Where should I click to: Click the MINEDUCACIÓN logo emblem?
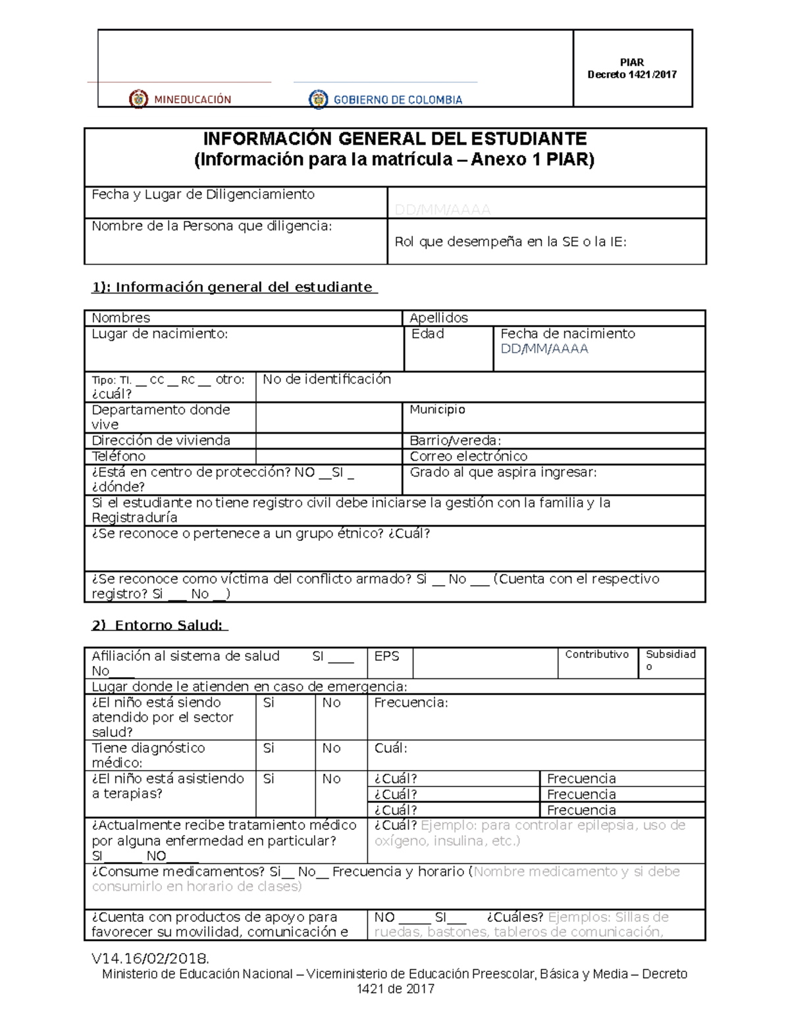click(x=138, y=99)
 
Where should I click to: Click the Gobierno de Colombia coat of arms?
click(x=319, y=99)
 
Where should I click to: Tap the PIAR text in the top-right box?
click(x=631, y=63)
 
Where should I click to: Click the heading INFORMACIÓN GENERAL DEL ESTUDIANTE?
click(x=394, y=139)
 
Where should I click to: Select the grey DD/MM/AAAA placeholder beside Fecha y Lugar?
click(x=442, y=209)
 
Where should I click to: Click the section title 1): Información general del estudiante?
click(x=234, y=287)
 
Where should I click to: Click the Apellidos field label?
click(x=438, y=318)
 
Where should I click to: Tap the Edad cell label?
click(x=428, y=334)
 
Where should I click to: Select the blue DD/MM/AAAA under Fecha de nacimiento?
click(x=544, y=349)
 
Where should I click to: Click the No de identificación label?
click(x=327, y=379)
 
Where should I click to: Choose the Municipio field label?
click(x=437, y=409)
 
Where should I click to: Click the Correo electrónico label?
click(x=468, y=456)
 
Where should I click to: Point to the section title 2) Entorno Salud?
click(x=159, y=625)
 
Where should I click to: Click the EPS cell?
click(x=386, y=656)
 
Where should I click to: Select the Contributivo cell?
click(x=596, y=654)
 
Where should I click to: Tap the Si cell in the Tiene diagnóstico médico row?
click(x=269, y=748)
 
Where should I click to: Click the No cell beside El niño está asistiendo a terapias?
click(x=331, y=779)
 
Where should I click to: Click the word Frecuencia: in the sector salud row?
click(x=411, y=703)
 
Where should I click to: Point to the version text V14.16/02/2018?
click(x=150, y=958)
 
